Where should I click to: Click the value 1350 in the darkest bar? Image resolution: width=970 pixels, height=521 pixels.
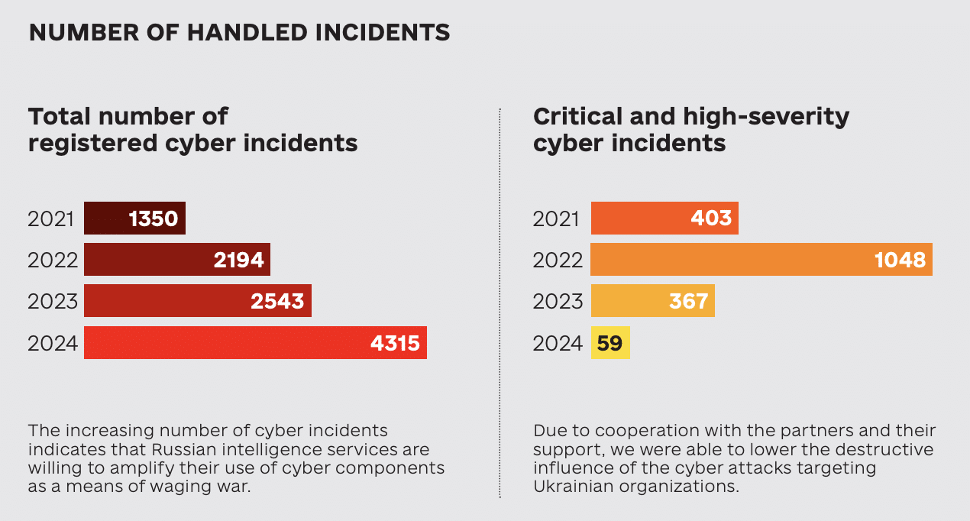[x=154, y=218]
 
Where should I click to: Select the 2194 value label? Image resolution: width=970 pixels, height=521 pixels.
[x=238, y=260]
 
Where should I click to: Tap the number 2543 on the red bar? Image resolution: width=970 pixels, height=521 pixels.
[x=277, y=302]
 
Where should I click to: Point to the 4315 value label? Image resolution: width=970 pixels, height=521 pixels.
[x=395, y=344]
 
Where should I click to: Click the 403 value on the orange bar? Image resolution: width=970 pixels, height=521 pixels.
[x=712, y=218]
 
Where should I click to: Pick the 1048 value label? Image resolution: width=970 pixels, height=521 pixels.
[x=900, y=260]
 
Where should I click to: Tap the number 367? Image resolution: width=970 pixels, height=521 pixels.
[x=688, y=302]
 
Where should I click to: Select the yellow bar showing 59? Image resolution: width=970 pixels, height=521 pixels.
[x=610, y=342]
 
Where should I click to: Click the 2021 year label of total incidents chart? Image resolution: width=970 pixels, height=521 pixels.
[x=50, y=219]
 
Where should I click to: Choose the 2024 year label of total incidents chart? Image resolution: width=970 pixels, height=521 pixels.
[x=53, y=344]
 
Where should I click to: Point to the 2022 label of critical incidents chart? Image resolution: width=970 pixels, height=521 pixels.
[x=558, y=260]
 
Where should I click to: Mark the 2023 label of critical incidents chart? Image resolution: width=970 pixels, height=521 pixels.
[x=558, y=302]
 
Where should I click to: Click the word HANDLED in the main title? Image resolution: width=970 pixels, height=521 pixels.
[x=247, y=33]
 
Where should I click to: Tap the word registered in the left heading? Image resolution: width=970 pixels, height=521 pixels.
[x=92, y=144]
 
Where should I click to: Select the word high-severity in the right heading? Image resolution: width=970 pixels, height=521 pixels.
[x=766, y=118]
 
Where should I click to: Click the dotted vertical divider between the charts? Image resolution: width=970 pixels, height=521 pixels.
[x=500, y=303]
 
